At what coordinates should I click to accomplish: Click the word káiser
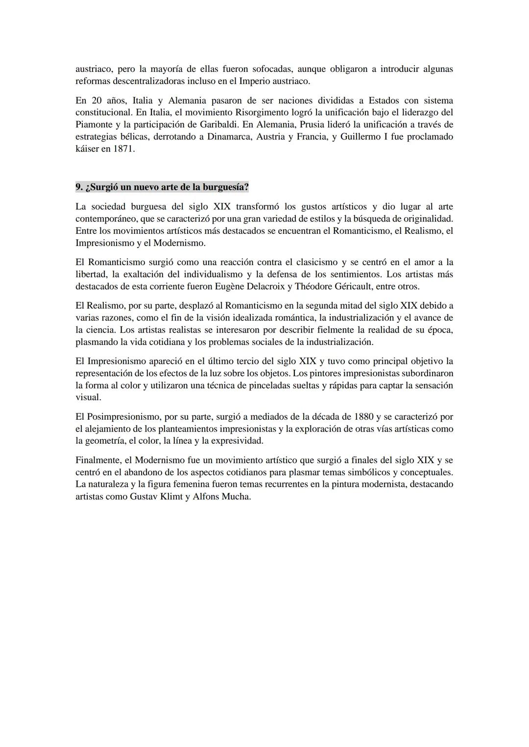[x=87, y=148]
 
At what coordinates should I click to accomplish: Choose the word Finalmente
[x=98, y=460]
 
